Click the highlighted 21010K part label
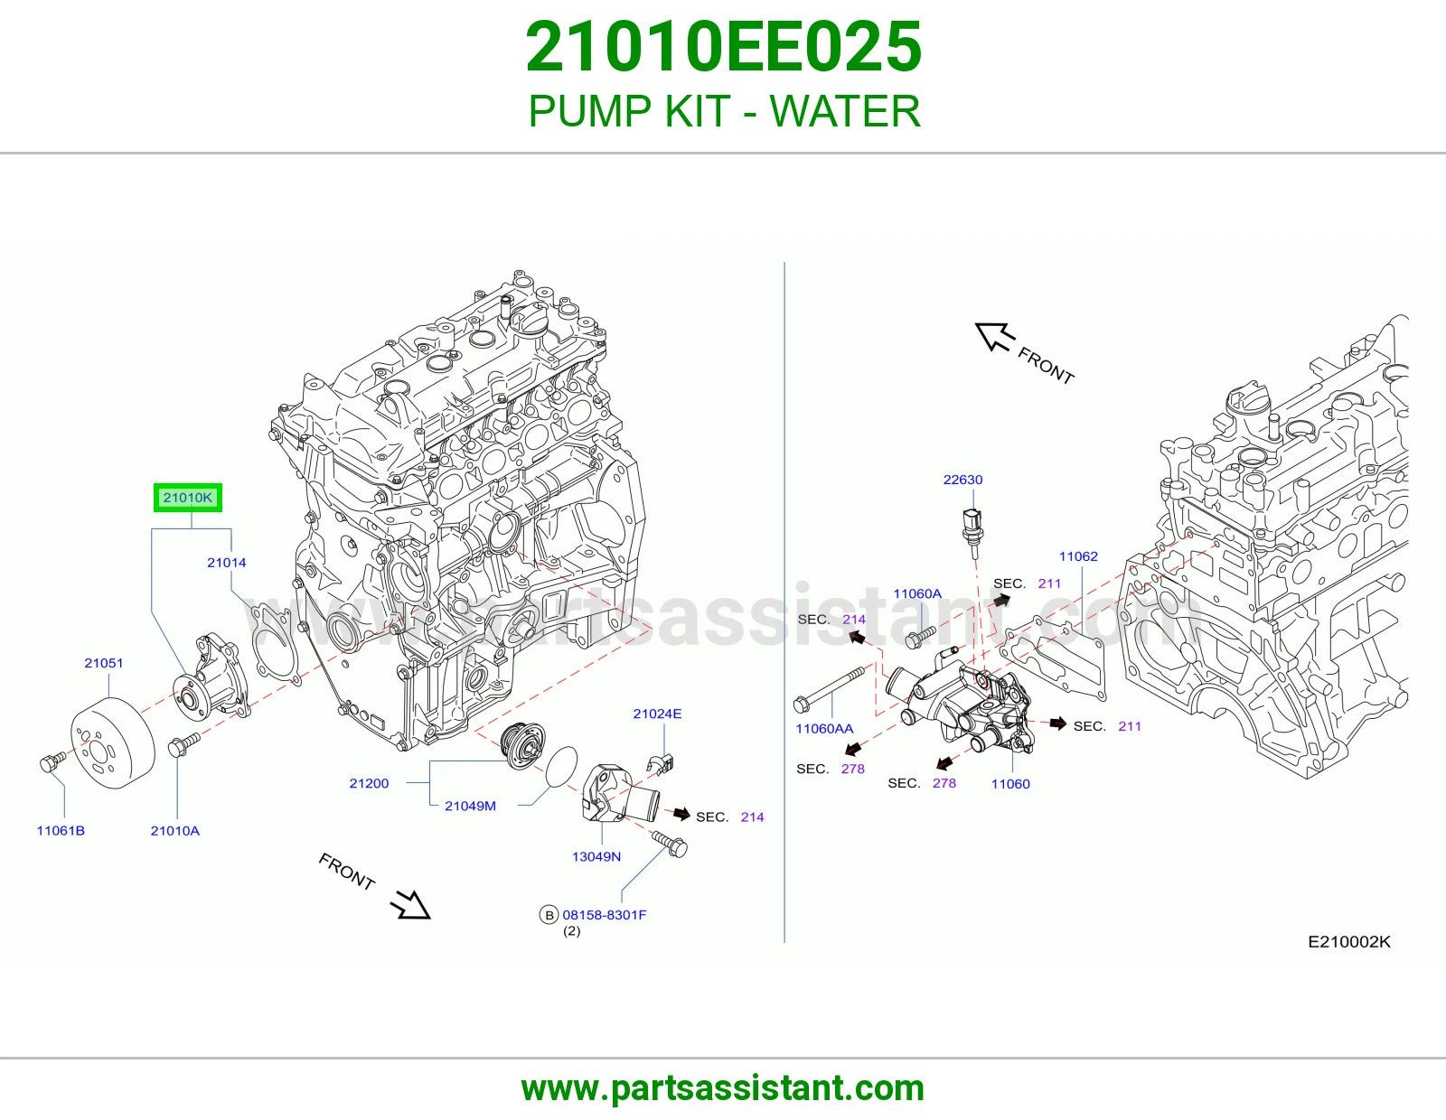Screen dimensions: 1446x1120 coord(188,498)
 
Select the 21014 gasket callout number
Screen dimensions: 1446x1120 coord(226,563)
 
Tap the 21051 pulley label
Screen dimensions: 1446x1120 coord(104,663)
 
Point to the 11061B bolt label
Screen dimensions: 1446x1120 coord(61,831)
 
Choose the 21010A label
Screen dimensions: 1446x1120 coord(175,831)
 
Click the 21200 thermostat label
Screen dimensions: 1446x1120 coord(369,783)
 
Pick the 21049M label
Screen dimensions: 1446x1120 coord(471,806)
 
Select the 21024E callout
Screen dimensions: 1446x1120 coord(657,714)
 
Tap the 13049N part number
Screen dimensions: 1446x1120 coord(596,856)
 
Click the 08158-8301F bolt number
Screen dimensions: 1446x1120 coord(605,915)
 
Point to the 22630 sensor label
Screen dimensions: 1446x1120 coord(962,480)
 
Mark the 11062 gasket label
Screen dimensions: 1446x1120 coord(1079,556)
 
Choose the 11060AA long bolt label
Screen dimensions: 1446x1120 coord(824,728)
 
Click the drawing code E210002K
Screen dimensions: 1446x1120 coord(1349,942)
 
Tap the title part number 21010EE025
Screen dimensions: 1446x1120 coord(723,47)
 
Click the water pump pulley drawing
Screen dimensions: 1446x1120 coord(112,742)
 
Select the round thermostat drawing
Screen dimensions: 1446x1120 coord(523,745)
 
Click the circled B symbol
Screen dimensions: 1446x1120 coord(549,915)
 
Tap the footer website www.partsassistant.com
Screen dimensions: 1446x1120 coord(723,1088)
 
